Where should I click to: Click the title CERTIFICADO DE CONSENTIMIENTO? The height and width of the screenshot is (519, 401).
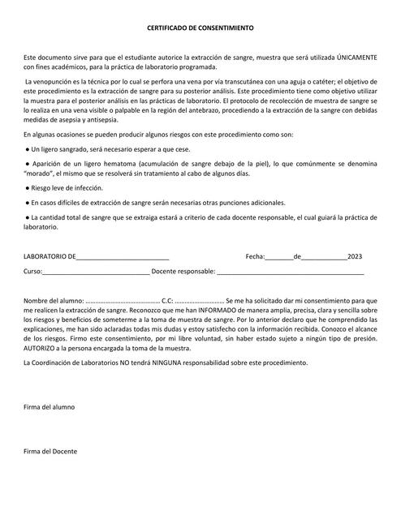(200, 28)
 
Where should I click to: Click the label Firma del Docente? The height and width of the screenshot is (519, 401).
(50, 451)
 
